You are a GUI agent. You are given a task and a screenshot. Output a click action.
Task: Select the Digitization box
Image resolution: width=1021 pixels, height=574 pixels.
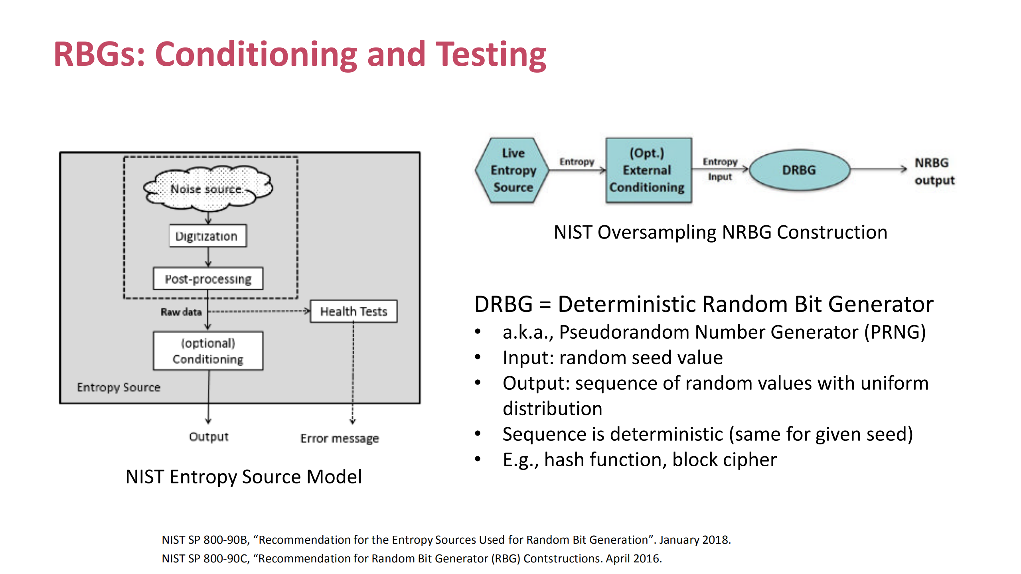tap(207, 236)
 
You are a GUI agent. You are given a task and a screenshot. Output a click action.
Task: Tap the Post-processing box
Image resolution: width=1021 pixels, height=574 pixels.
tap(208, 278)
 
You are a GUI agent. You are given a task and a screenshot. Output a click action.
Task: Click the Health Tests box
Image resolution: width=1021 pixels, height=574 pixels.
tap(353, 311)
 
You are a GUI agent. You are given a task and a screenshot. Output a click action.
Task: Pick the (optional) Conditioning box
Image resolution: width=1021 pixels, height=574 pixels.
tap(208, 351)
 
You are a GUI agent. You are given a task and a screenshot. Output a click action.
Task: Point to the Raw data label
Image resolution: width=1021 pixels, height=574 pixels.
tap(181, 312)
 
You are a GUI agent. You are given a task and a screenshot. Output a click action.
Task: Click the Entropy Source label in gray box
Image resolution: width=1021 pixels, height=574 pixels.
tap(118, 387)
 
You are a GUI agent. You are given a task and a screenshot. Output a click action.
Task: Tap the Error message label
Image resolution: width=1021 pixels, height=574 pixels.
tap(339, 438)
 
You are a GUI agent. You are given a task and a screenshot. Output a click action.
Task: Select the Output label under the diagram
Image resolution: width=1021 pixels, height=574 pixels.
tap(209, 436)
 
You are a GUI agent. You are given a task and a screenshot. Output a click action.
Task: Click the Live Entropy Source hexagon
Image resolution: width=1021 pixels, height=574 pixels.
tap(513, 170)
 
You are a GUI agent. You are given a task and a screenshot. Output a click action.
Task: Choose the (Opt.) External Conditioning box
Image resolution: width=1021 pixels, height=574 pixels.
tap(648, 170)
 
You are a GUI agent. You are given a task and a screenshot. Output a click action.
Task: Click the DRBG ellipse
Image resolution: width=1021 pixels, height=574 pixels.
tap(799, 170)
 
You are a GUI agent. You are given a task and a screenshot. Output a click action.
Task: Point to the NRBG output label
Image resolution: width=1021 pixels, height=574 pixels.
tap(934, 172)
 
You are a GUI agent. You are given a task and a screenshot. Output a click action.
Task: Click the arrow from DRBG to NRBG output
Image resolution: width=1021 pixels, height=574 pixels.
tap(878, 169)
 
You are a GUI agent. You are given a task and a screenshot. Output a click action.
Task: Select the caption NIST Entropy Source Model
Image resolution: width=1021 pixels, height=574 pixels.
tap(243, 477)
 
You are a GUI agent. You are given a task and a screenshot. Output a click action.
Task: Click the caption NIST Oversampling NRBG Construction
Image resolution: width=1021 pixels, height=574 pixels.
tap(720, 232)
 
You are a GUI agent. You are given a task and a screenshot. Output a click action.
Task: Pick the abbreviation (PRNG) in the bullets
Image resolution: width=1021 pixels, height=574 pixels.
tap(895, 332)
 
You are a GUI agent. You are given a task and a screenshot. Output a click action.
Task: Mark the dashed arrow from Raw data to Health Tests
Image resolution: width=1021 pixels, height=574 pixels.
tap(259, 311)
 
